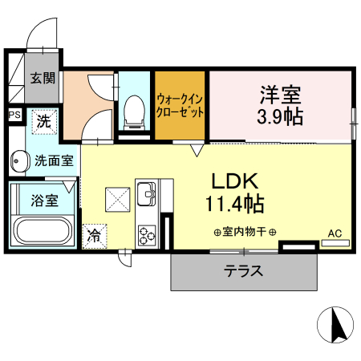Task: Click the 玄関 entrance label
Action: [x=43, y=79]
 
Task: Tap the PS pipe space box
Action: [x=14, y=116]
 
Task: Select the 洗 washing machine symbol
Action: [x=45, y=122]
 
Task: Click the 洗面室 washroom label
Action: [x=54, y=160]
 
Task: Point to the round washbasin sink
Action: [x=18, y=161]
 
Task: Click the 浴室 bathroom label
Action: [x=44, y=200]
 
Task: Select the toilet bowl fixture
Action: [x=134, y=112]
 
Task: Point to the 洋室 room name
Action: [x=280, y=94]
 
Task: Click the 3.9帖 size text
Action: [x=280, y=117]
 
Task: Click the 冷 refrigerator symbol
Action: [x=95, y=235]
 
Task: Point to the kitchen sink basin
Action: [x=147, y=193]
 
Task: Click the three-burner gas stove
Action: [x=147, y=234]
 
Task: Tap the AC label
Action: [x=335, y=233]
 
